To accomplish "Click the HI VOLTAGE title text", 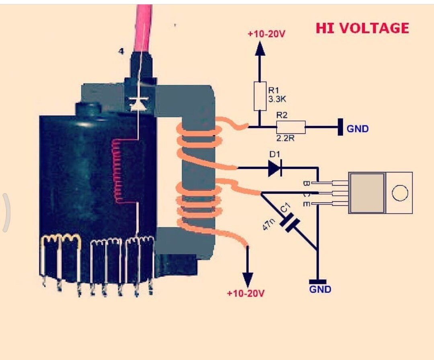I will coord(362,29).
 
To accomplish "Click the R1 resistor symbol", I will coord(260,96).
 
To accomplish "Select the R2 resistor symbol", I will coord(291,127).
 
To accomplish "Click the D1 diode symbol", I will coord(275,168).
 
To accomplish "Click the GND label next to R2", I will coord(358,129).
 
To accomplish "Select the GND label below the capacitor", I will coord(320,289).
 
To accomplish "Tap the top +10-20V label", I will coord(266,34).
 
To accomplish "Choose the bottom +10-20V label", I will coord(246,293).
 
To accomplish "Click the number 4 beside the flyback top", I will coord(121,51).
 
